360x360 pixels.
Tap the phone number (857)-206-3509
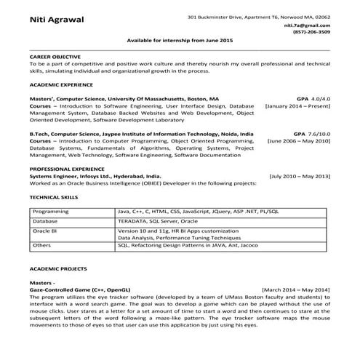(311, 32)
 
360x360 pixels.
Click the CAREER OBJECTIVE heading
(55, 55)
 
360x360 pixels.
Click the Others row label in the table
(41, 246)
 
